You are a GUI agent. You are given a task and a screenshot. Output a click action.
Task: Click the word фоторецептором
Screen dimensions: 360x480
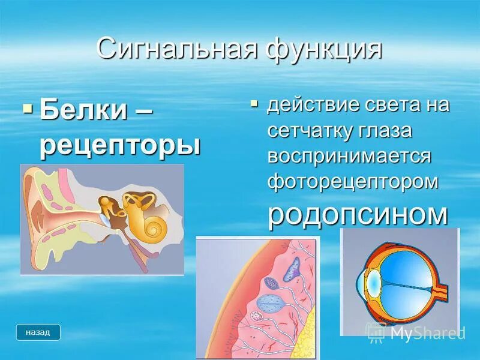pyautogui.click(x=353, y=181)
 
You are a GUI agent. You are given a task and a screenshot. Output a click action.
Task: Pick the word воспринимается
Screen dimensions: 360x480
pyautogui.click(x=350, y=155)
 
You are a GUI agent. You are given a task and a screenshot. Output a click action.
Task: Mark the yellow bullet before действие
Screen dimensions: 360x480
pyautogui.click(x=254, y=104)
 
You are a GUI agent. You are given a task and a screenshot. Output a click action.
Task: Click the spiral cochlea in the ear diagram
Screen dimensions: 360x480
pyautogui.click(x=153, y=227)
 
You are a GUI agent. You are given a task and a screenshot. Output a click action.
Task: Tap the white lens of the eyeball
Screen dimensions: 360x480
pyautogui.click(x=372, y=281)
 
